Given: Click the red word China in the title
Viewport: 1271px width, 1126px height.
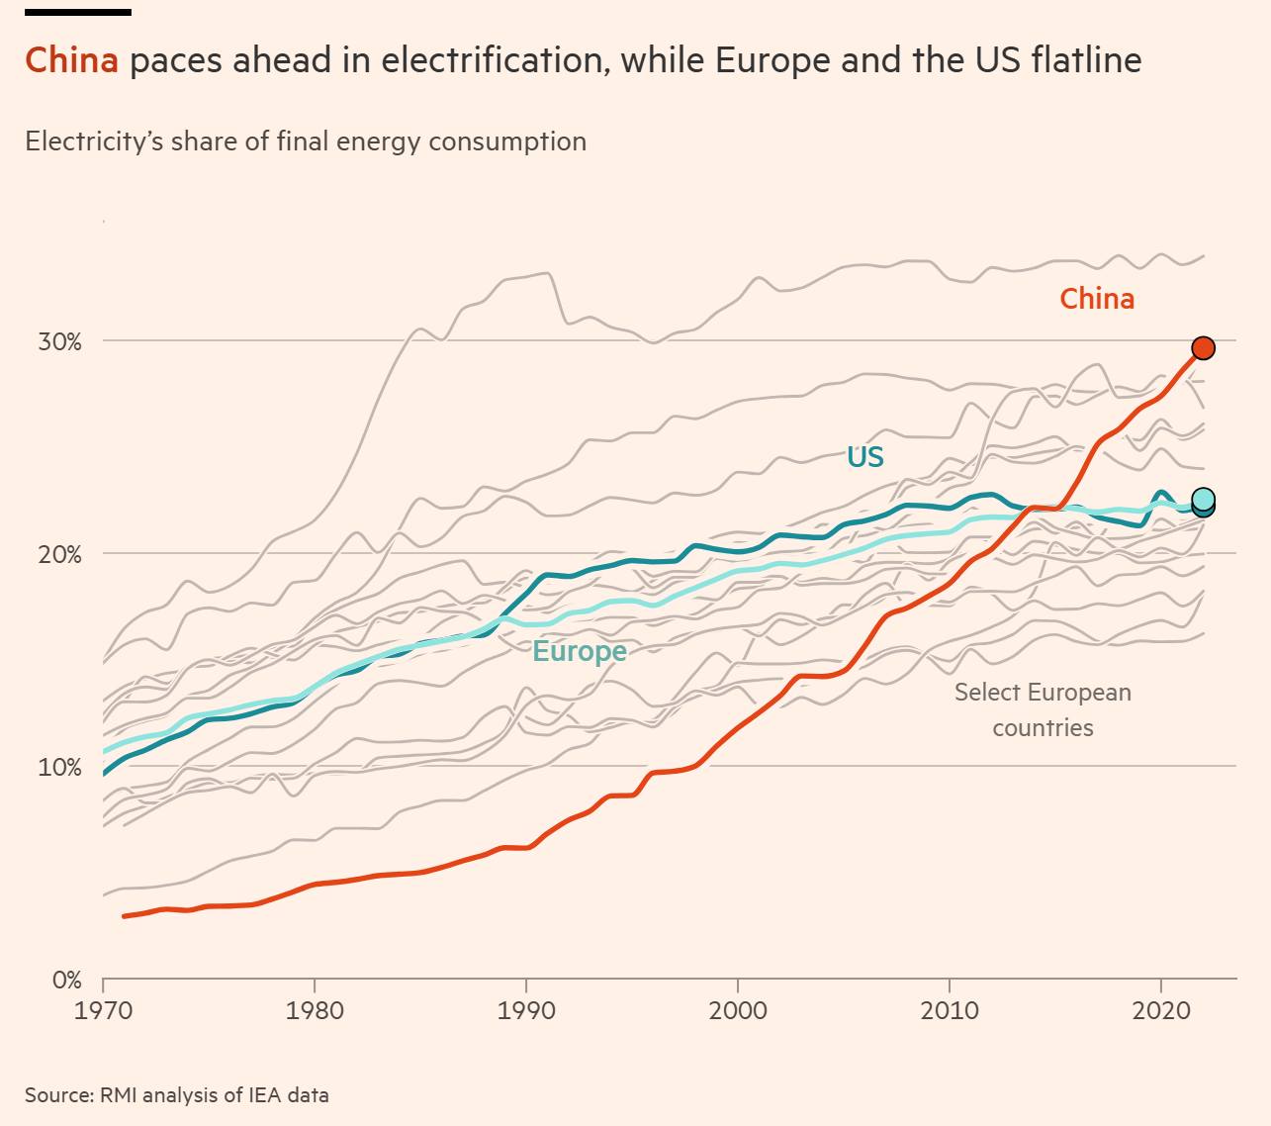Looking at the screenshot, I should pyautogui.click(x=71, y=60).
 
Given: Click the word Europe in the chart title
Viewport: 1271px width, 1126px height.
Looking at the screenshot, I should pyautogui.click(x=772, y=60).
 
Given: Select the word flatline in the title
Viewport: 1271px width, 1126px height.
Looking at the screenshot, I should pyautogui.click(x=1085, y=60).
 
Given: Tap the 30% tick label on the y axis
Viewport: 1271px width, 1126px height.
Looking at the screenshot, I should pyautogui.click(x=59, y=342).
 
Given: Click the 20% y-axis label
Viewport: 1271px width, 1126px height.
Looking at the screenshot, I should pyautogui.click(x=59, y=555).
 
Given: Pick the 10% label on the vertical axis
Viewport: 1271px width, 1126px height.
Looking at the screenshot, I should pyautogui.click(x=59, y=768).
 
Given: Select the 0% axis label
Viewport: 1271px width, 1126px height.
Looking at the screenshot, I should pyautogui.click(x=66, y=981).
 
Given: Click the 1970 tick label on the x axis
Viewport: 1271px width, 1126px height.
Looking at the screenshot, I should pyautogui.click(x=103, y=1011).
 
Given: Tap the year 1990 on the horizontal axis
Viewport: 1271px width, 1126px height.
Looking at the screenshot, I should pyautogui.click(x=525, y=1011).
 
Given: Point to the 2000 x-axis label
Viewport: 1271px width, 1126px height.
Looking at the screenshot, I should pyautogui.click(x=737, y=1011).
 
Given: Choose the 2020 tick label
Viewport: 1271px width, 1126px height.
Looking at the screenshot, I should pyautogui.click(x=1160, y=1011).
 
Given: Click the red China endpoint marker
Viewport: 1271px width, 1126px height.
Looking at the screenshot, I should pyautogui.click(x=1203, y=347).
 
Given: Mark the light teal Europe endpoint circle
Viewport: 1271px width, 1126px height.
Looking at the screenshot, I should pyautogui.click(x=1203, y=499).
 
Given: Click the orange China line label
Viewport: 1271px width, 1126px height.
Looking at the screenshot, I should pyautogui.click(x=1096, y=299).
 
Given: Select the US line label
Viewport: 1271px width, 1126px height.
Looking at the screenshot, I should pyautogui.click(x=864, y=457).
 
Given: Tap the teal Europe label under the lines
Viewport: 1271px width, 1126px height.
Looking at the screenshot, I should pyautogui.click(x=580, y=651).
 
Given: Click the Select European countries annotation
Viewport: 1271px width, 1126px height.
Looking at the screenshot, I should pyautogui.click(x=1043, y=709).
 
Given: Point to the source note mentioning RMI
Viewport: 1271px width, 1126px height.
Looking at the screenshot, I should pyautogui.click(x=177, y=1095).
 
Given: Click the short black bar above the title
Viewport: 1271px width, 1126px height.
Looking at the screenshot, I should pyautogui.click(x=77, y=12).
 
